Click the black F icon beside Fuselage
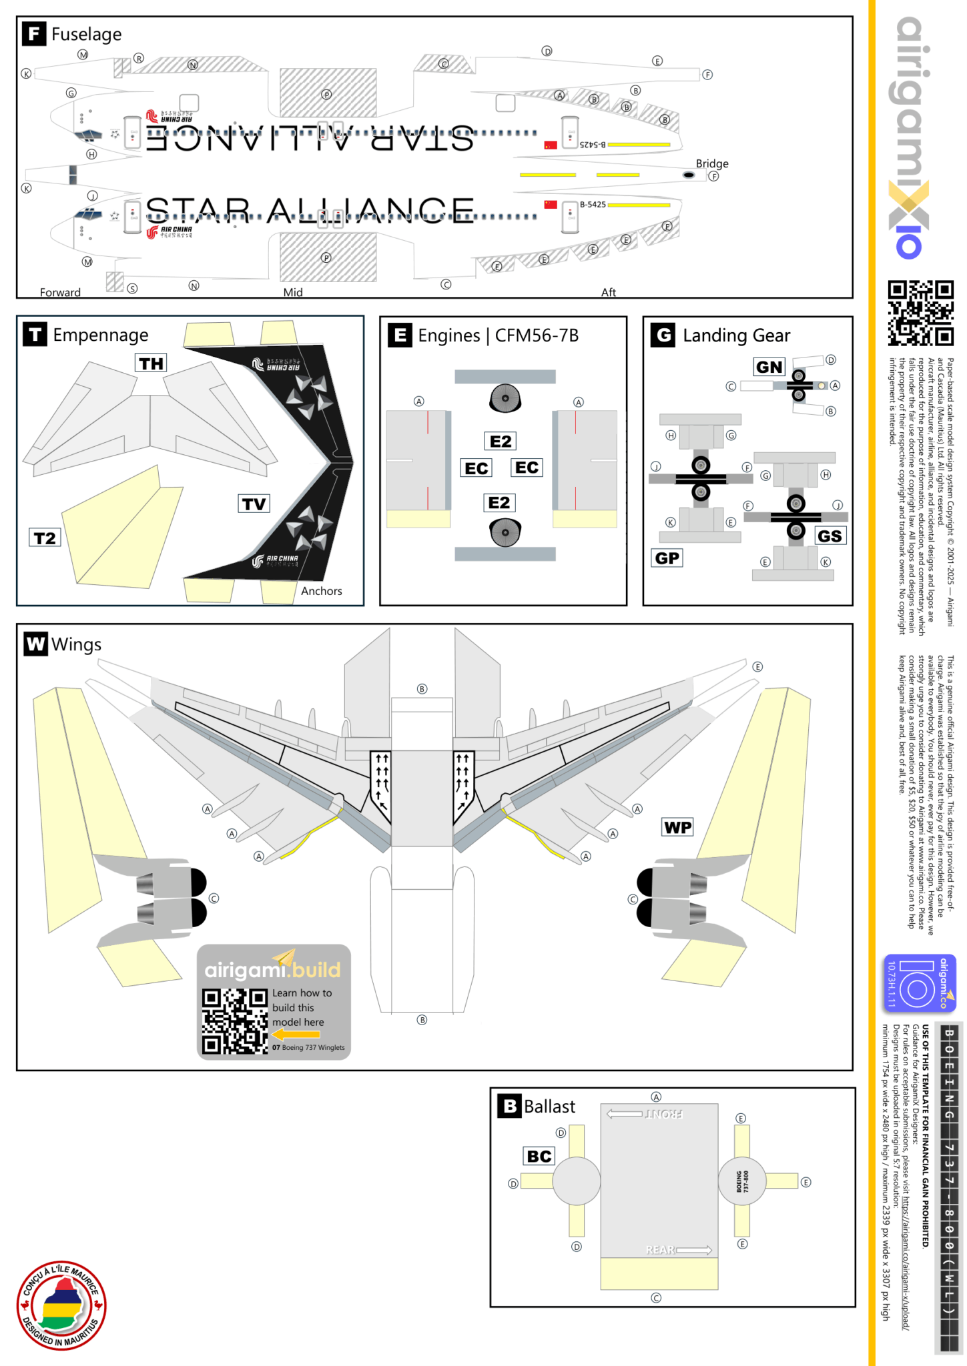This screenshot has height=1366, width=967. [x=34, y=33]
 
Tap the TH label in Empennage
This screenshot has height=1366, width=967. [x=151, y=364]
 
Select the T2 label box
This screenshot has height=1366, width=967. [x=45, y=538]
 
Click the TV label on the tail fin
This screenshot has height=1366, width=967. [x=254, y=504]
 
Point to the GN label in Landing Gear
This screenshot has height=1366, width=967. [x=769, y=367]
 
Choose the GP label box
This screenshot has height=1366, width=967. [x=667, y=558]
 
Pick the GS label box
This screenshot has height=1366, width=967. [x=830, y=536]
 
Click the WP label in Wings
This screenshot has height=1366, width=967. [x=677, y=828]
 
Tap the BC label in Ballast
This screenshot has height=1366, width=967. [x=539, y=1156]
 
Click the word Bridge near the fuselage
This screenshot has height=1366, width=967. [x=712, y=163]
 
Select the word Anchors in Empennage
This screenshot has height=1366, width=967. [x=321, y=591]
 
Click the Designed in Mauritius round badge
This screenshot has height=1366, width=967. [x=61, y=1306]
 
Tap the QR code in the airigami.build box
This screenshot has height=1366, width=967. [x=235, y=1021]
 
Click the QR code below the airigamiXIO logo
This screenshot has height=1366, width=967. [x=920, y=313]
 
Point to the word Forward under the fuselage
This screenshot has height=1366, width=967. [x=60, y=292]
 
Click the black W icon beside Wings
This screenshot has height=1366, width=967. [x=35, y=644]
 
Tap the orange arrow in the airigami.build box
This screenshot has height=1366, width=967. [x=296, y=1035]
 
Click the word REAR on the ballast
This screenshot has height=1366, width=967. [x=660, y=1250]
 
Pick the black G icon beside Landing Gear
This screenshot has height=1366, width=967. [x=663, y=335]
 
